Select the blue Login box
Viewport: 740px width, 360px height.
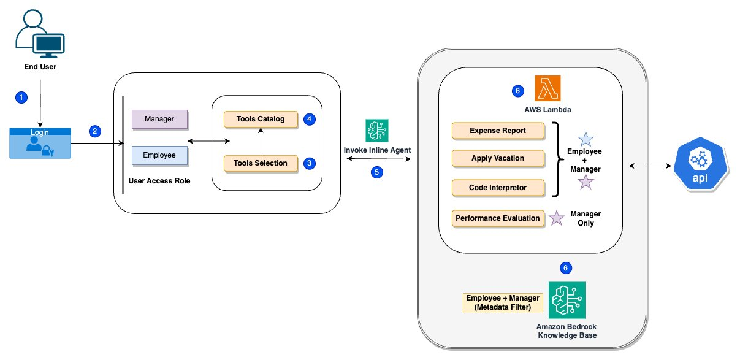(40, 144)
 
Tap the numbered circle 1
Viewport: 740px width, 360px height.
(21, 98)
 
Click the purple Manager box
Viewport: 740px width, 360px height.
(159, 119)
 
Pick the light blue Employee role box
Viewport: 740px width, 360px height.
(159, 155)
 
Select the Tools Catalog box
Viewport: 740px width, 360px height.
(261, 119)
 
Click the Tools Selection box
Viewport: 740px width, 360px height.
(261, 163)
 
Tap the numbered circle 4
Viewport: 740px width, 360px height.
(310, 119)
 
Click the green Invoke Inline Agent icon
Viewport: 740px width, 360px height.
(377, 131)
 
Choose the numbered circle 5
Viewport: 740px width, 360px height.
(377, 172)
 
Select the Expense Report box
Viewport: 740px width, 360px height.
(498, 131)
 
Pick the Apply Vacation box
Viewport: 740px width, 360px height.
(498, 158)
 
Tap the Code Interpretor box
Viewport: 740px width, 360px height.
(498, 188)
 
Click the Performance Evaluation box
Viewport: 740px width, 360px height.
(498, 218)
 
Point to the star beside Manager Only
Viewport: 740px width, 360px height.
(556, 218)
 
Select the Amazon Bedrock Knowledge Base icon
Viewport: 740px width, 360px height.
(567, 300)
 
